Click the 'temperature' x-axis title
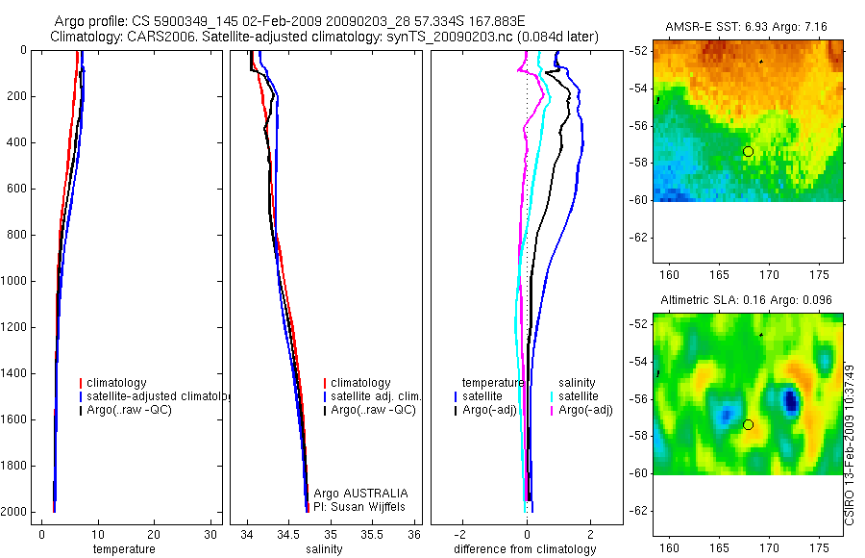(123, 549)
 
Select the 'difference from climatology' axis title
(525, 549)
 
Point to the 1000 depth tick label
(15, 281)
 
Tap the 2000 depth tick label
(15, 512)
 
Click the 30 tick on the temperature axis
(210, 534)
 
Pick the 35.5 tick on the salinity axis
(373, 534)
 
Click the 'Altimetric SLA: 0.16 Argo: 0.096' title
(746, 300)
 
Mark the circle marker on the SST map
(748, 151)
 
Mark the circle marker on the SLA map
(748, 424)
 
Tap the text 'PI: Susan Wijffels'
(360, 506)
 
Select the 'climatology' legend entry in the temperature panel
(116, 383)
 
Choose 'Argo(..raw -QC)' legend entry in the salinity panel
(372, 410)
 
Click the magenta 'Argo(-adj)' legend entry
(585, 410)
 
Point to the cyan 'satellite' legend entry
(578, 396)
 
